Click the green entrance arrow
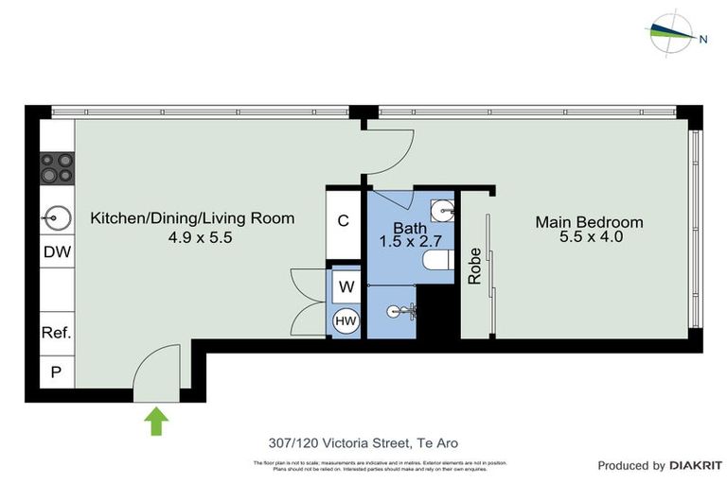pos(154,420)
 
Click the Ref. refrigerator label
pos(57,333)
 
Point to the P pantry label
pos(57,372)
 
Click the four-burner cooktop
pos(57,167)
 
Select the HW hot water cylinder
pos(346,321)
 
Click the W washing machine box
pos(346,286)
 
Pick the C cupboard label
pos(344,221)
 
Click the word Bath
pos(410,228)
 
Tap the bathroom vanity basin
pos(442,210)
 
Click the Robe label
pos(475,266)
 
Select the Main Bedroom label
pos(589,222)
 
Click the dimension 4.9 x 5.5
pos(193,237)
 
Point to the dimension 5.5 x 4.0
pos(591,237)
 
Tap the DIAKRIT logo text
pos(695,465)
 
